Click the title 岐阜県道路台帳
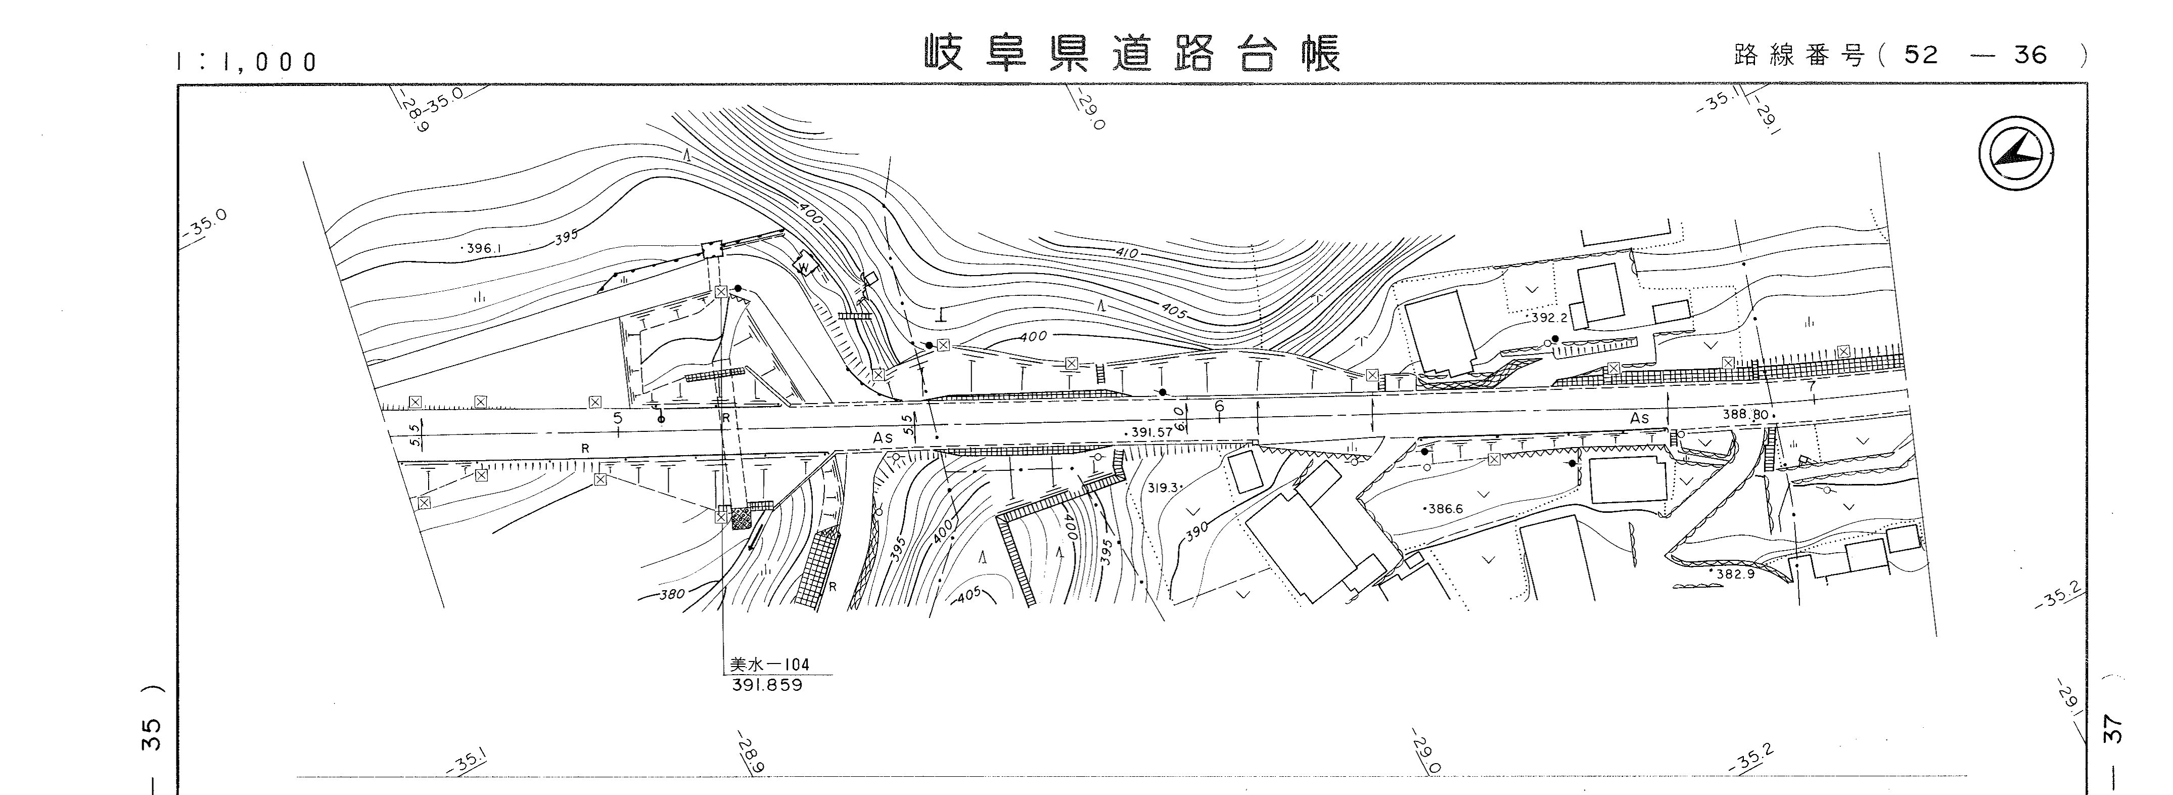1130,54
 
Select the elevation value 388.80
1744,415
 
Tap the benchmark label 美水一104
768,665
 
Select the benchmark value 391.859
767,685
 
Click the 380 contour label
671,594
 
